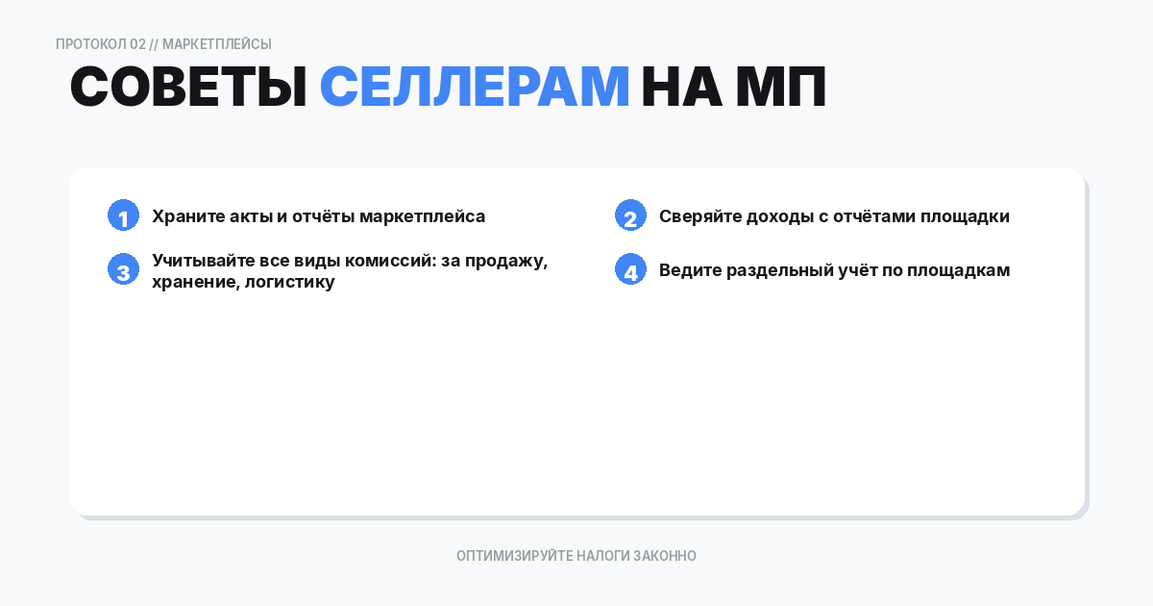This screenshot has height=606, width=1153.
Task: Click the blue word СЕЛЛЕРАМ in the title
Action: pos(474,86)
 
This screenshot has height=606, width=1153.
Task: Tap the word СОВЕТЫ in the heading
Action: pos(188,86)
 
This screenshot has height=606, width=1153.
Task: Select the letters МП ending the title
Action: pos(781,86)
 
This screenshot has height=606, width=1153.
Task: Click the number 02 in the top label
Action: pos(138,44)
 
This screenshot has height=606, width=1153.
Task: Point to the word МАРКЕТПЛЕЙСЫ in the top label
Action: pos(217,44)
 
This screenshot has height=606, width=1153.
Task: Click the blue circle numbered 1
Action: pos(124,215)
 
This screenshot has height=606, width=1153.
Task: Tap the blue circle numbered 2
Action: pos(630,215)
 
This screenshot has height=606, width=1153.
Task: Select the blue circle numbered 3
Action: pos(124,269)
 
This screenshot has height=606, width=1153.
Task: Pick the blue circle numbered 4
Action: pos(630,269)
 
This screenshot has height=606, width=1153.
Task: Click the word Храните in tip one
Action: pos(188,216)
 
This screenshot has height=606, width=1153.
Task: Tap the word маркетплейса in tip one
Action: pos(422,217)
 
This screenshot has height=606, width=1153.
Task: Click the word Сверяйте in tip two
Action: pos(700,216)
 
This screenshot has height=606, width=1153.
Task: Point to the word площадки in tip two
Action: pos(965,217)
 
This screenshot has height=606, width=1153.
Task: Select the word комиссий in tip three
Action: pos(390,261)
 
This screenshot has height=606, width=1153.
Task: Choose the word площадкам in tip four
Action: pos(959,270)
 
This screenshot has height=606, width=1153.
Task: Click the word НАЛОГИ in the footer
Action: pos(602,556)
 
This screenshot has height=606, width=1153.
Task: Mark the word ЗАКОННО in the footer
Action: pos(665,556)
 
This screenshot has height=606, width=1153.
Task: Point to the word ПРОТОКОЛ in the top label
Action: pos(90,44)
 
